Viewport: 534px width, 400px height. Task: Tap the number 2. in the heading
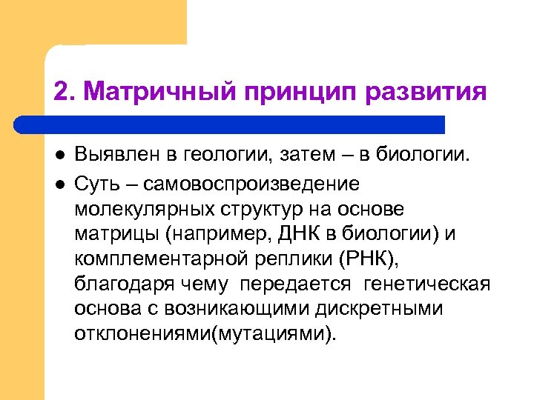tap(64, 93)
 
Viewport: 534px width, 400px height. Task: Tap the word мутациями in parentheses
tap(271, 333)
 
